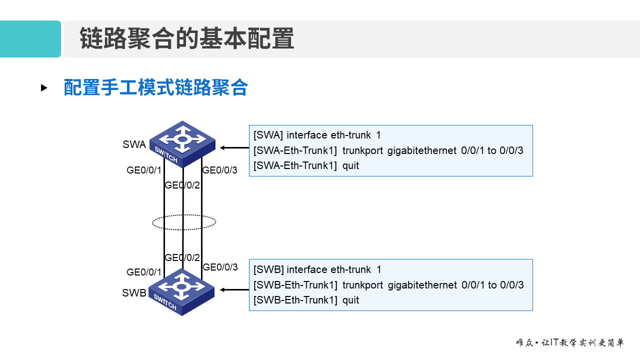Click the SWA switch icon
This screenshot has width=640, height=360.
pyautogui.click(x=182, y=143)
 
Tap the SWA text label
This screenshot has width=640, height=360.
pyautogui.click(x=134, y=145)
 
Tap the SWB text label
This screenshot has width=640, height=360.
pyautogui.click(x=134, y=293)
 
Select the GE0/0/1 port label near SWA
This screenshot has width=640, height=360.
pyautogui.click(x=144, y=170)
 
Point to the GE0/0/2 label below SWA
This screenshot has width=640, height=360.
pyautogui.click(x=182, y=185)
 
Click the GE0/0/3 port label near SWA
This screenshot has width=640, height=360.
pyautogui.click(x=220, y=170)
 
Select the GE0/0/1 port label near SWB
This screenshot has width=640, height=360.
pyautogui.click(x=144, y=272)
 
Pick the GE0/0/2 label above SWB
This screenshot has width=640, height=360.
pyautogui.click(x=182, y=258)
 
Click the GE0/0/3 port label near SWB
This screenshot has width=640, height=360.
pyautogui.click(x=220, y=267)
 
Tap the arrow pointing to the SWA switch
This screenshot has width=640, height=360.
pyautogui.click(x=234, y=147)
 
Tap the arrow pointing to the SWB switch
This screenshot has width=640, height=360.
pyautogui.click(x=234, y=289)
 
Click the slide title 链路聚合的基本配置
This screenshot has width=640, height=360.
pyautogui.click(x=187, y=39)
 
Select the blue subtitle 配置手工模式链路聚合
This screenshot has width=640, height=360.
pyautogui.click(x=155, y=87)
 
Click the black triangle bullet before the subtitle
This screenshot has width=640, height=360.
pyautogui.click(x=44, y=88)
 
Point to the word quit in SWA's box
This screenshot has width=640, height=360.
pyautogui.click(x=350, y=165)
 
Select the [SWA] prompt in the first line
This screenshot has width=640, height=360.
pyautogui.click(x=268, y=135)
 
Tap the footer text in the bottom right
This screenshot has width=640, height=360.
pyautogui.click(x=570, y=343)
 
